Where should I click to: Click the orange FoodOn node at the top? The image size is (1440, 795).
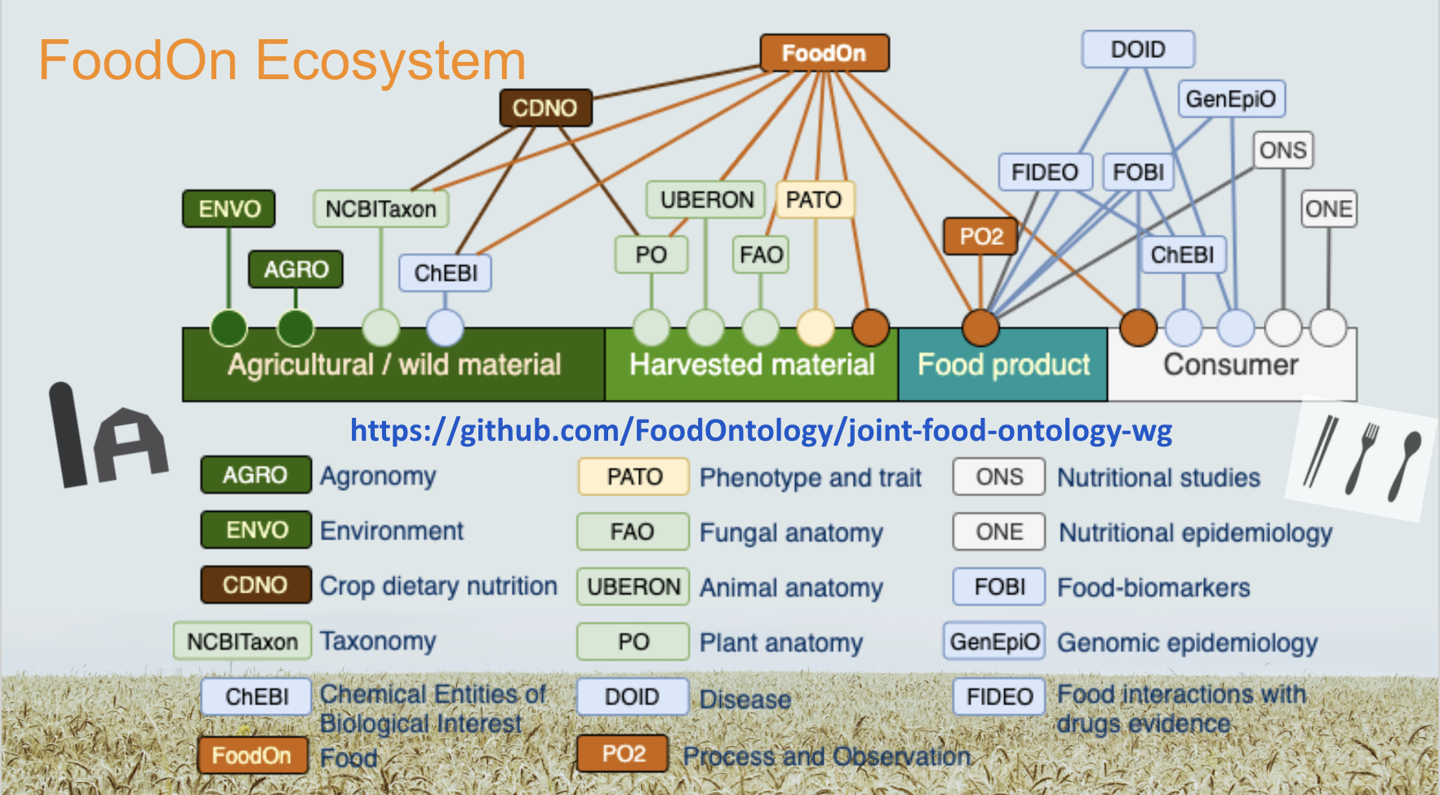824,53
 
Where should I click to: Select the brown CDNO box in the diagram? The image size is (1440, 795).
544,108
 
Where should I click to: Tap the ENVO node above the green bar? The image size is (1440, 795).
229,209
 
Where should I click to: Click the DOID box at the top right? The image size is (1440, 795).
1138,50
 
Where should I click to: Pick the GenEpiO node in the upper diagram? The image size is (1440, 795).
1230,100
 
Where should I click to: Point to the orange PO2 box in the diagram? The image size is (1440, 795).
980,237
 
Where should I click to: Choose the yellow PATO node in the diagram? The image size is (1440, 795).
813,200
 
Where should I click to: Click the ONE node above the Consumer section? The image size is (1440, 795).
1328,209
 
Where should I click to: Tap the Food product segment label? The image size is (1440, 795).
1003,365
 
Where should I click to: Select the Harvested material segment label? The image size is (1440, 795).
751,365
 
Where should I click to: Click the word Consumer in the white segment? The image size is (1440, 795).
1230,365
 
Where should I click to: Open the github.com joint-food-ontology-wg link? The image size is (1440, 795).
760,430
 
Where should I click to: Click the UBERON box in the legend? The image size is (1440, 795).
633,587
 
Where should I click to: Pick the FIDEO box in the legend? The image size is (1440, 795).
999,696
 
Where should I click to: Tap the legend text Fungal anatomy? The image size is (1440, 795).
791,533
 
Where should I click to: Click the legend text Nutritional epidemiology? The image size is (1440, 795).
1195,533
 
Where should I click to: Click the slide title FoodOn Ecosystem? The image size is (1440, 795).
282,60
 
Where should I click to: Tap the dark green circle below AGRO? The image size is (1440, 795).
296,328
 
